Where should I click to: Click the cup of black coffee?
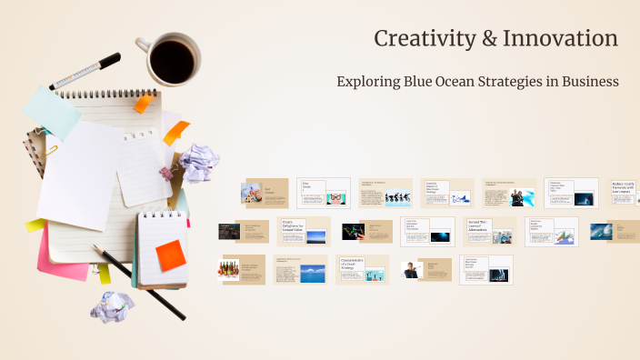pos(171,60)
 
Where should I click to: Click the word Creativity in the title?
pos(425,39)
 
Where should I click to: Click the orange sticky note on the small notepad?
pos(170,255)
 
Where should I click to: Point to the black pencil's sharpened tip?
pos(95,248)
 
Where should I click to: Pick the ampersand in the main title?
pos(489,39)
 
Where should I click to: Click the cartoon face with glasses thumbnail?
pos(336,197)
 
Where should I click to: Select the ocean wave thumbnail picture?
pos(601,231)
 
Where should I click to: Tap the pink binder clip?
pos(167,173)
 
